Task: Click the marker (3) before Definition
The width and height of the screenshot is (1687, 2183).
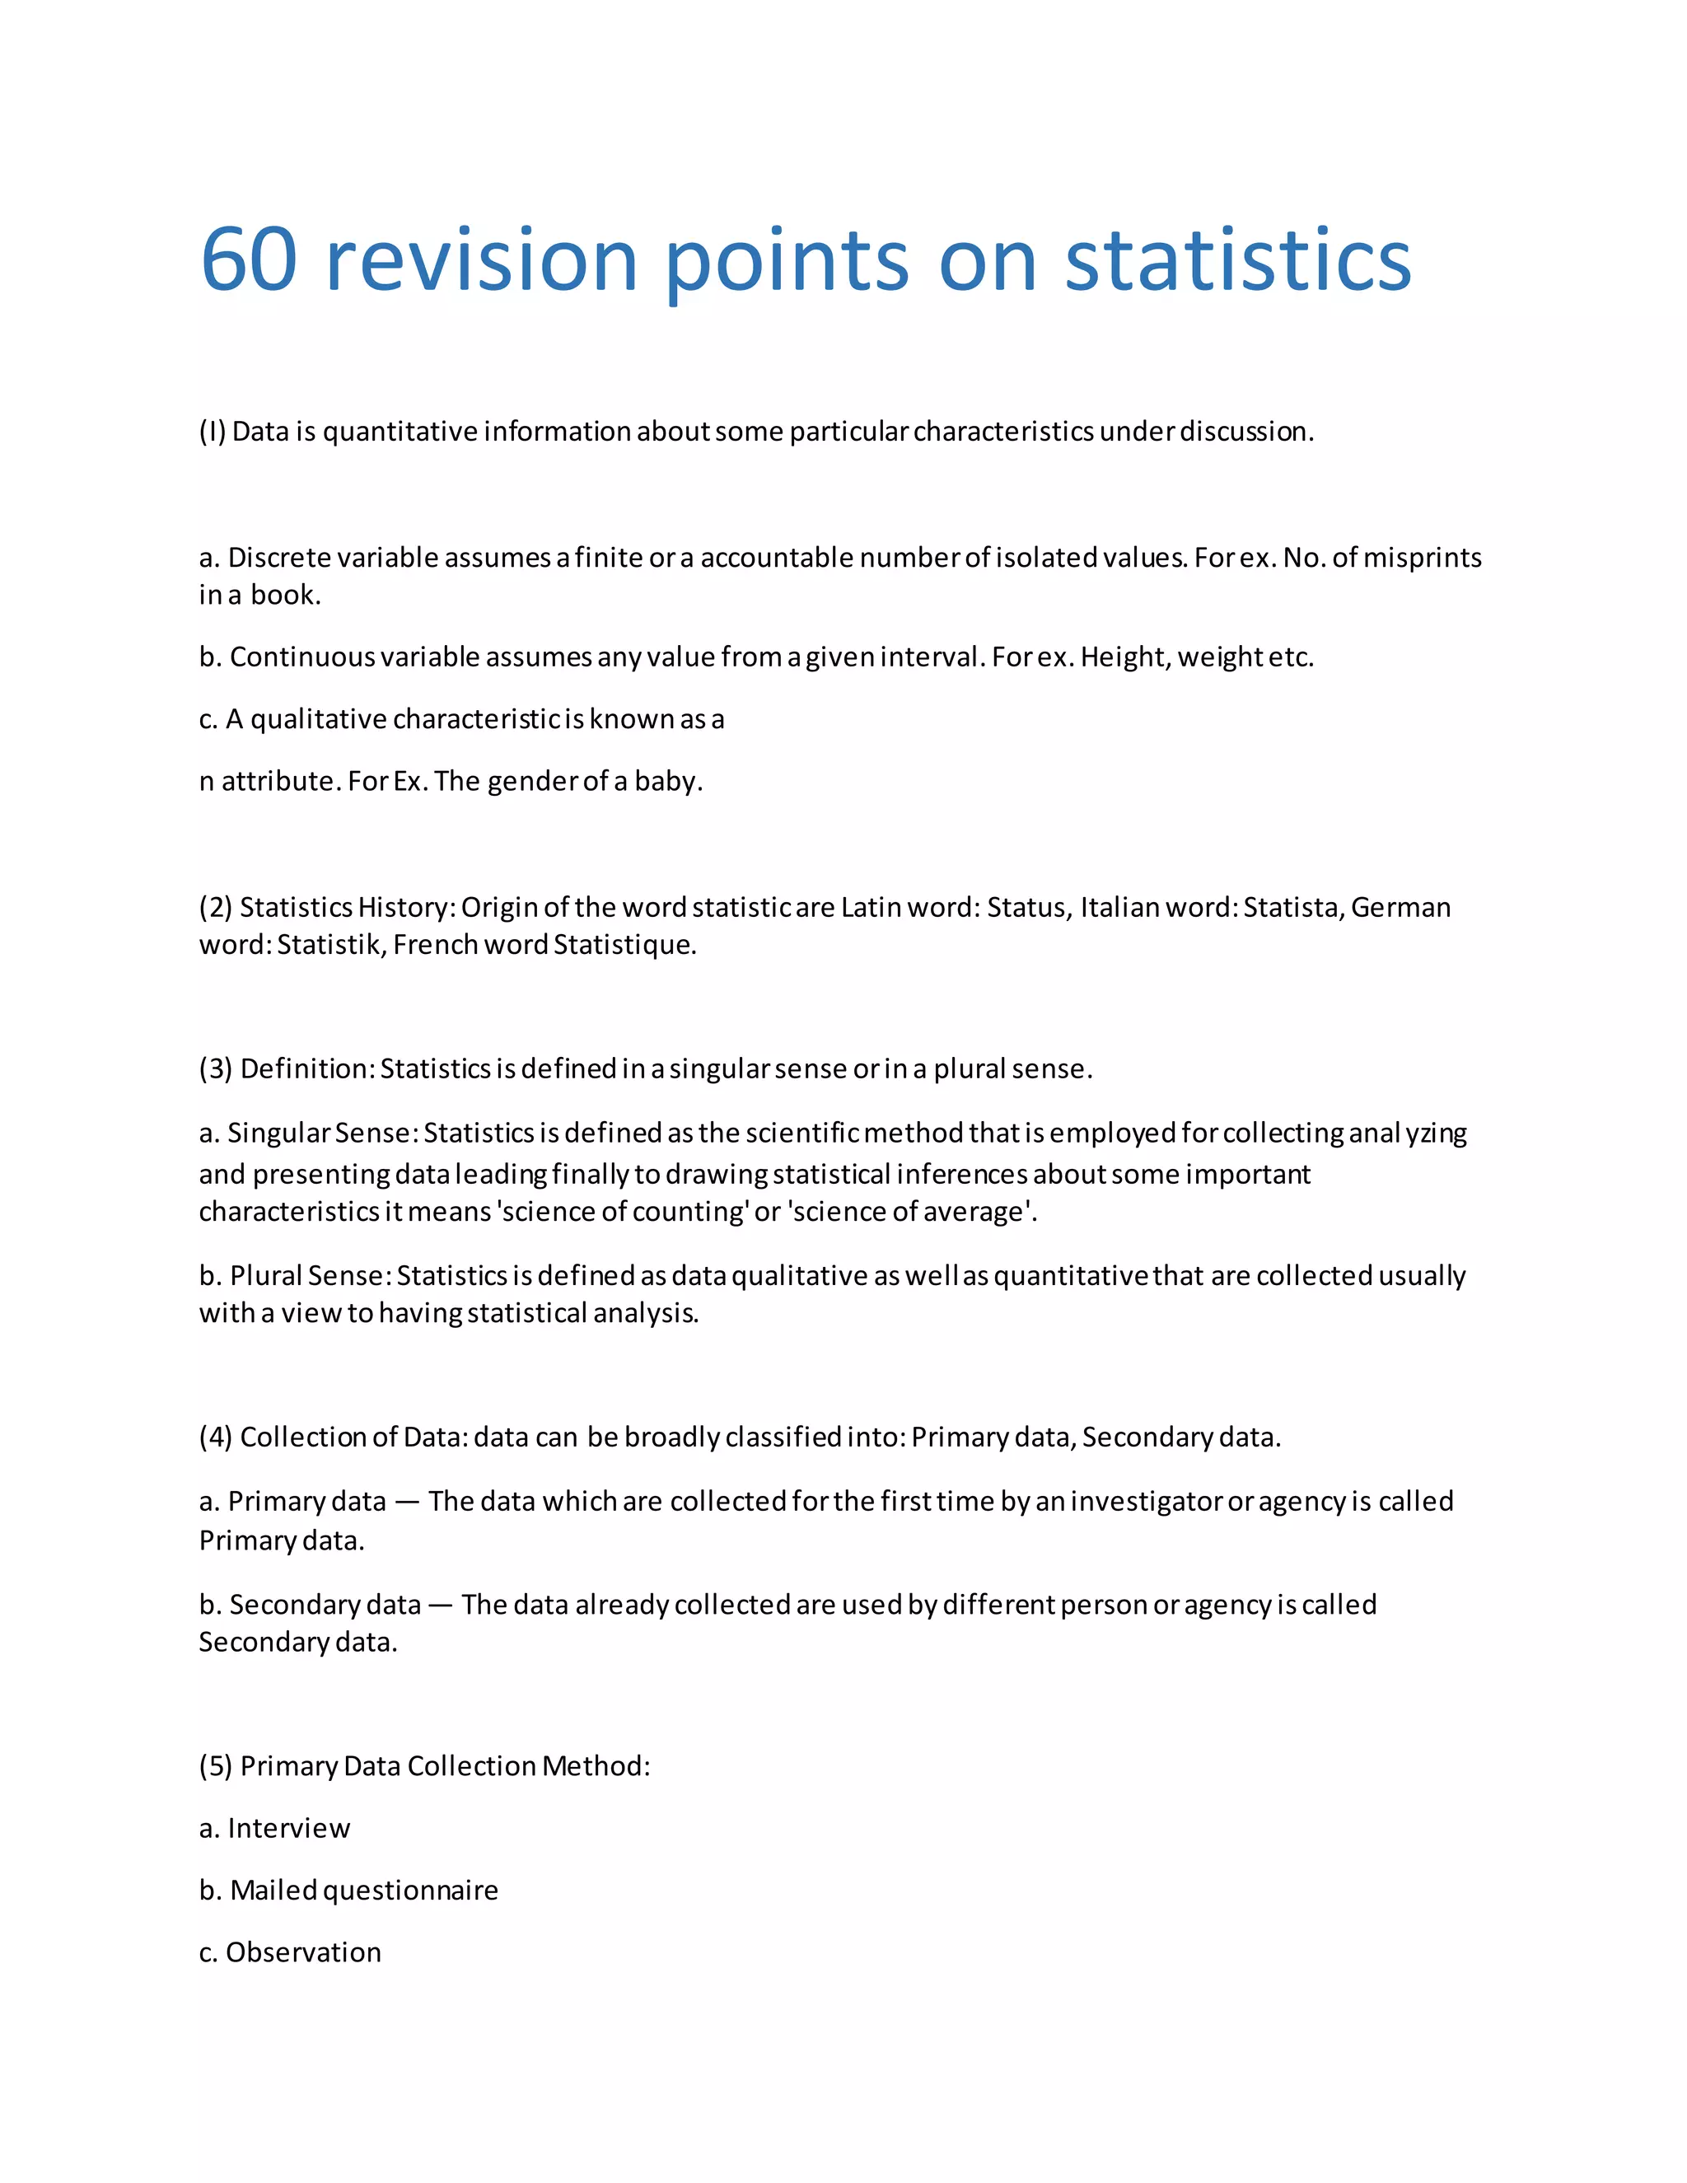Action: click(215, 1069)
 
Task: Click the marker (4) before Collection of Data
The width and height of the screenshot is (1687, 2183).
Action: click(215, 1437)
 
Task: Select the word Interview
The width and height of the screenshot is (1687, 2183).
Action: click(289, 1828)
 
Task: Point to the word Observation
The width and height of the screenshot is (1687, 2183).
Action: click(304, 1952)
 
